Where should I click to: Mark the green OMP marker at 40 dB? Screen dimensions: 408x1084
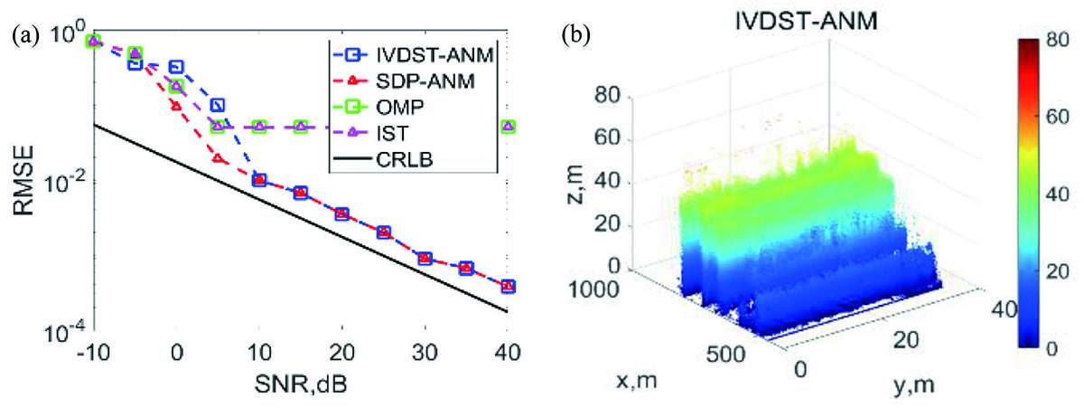(509, 127)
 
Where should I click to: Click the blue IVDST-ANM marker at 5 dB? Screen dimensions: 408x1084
(218, 106)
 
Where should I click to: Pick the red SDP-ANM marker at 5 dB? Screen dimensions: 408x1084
(218, 158)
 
